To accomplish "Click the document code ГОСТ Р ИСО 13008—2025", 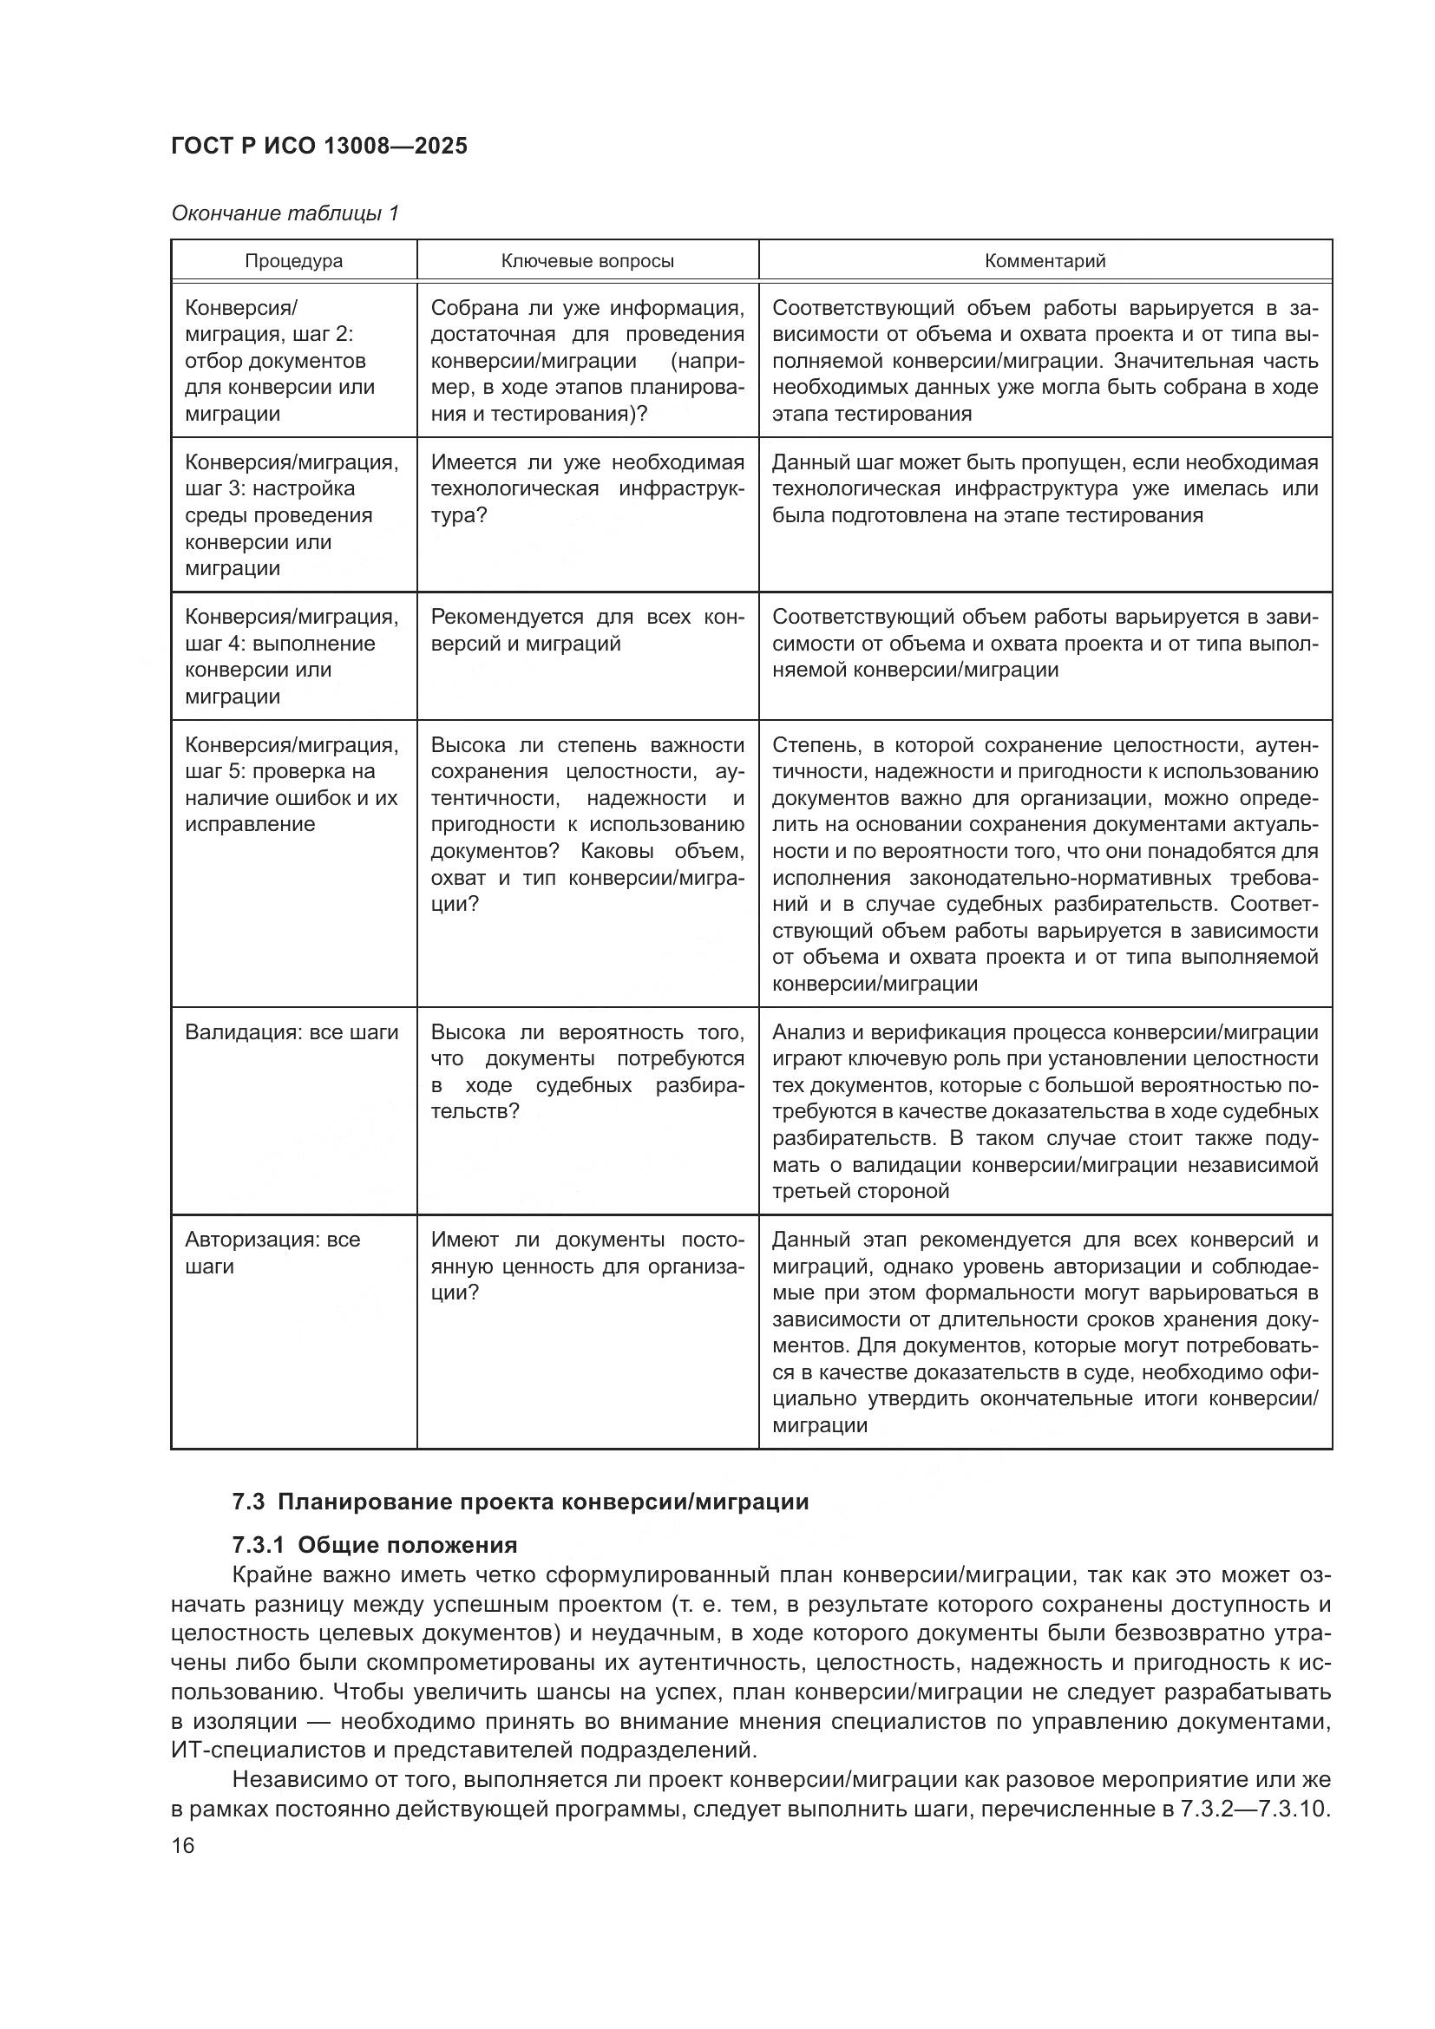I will pyautogui.click(x=319, y=147).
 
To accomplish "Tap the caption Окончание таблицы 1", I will pyautogui.click(x=285, y=214).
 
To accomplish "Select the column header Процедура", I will pyautogui.click(x=293, y=262).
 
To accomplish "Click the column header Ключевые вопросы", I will pyautogui.click(x=587, y=262).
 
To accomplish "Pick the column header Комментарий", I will pyautogui.click(x=1045, y=262).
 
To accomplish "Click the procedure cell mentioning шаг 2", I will pyautogui.click(x=280, y=361).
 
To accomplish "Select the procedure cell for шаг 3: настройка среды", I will pyautogui.click(x=292, y=515).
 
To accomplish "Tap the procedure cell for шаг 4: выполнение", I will pyautogui.click(x=292, y=657).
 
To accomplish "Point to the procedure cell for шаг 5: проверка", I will pyautogui.click(x=292, y=785).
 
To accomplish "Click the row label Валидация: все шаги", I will pyautogui.click(x=292, y=1032).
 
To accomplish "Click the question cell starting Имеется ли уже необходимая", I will pyautogui.click(x=587, y=488).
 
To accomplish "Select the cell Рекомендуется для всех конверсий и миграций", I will pyautogui.click(x=587, y=630).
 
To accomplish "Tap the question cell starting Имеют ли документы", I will pyautogui.click(x=587, y=1266).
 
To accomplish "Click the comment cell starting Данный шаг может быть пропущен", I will pyautogui.click(x=1045, y=488).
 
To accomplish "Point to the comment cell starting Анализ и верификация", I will pyautogui.click(x=1045, y=1111).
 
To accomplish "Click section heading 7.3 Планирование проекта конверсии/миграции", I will pyautogui.click(x=521, y=1502).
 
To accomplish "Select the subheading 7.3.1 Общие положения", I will pyautogui.click(x=375, y=1545).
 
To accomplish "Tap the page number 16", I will pyautogui.click(x=183, y=1845).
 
